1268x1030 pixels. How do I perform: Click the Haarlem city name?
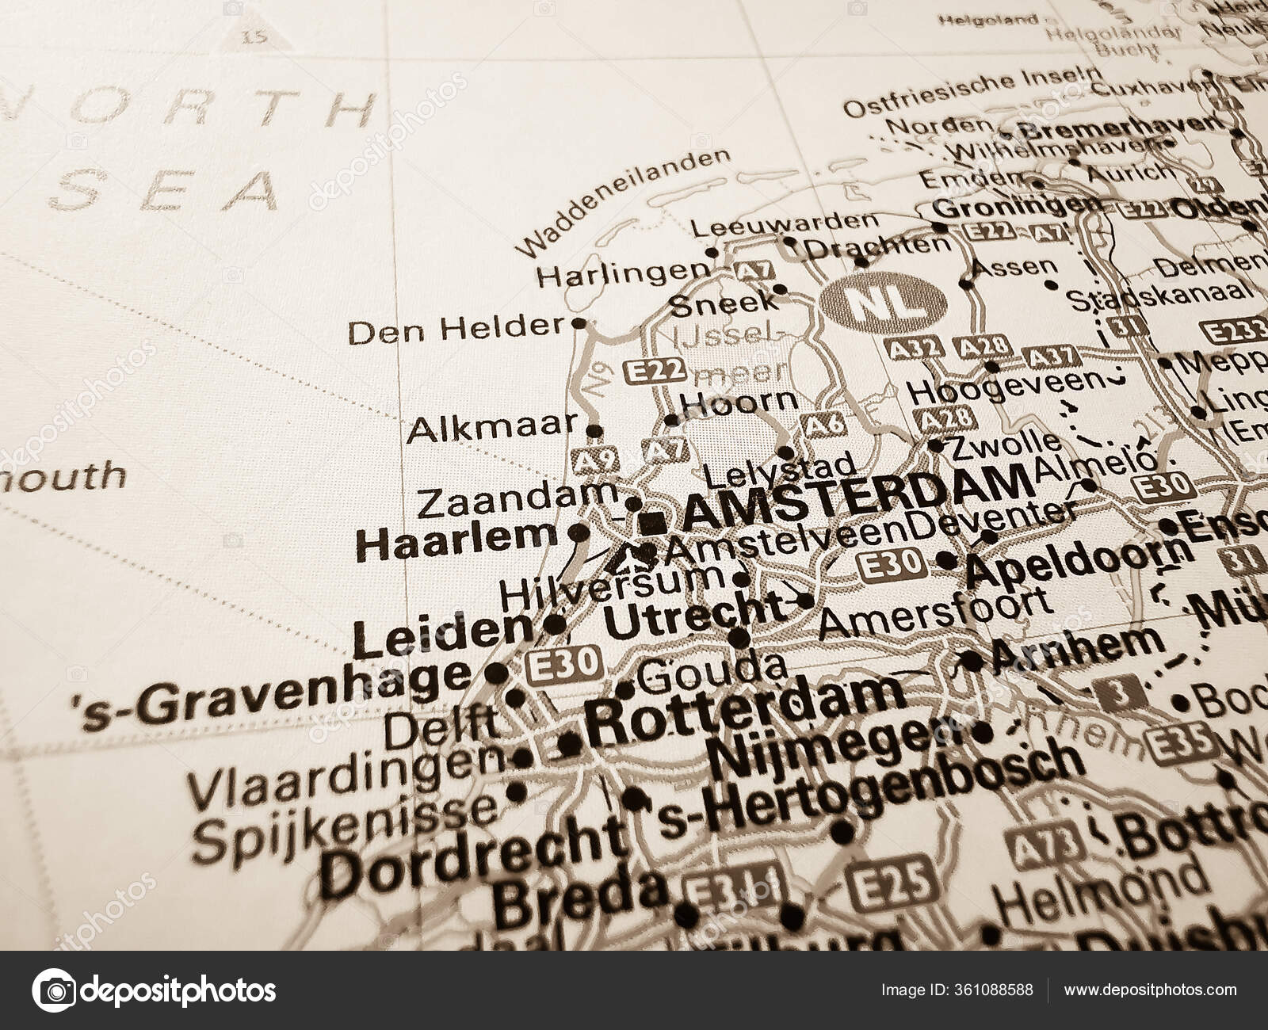[457, 542]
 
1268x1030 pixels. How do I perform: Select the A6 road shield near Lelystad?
[823, 425]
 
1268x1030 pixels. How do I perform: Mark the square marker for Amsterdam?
[654, 521]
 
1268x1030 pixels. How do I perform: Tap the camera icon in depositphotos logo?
[53, 990]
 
